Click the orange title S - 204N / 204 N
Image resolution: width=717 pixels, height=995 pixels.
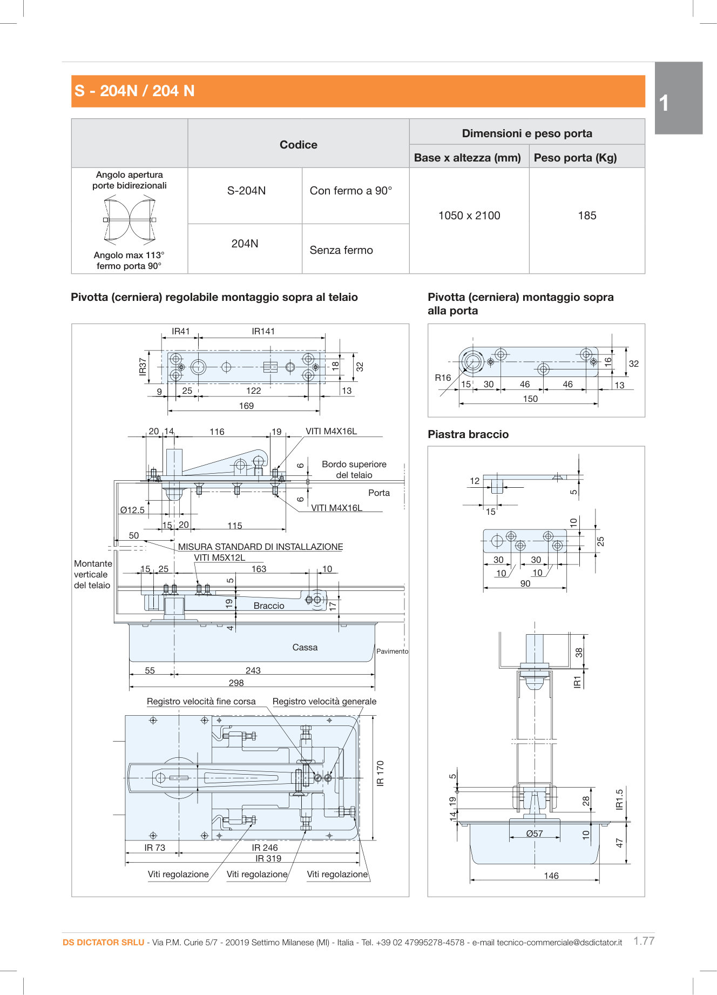pos(134,91)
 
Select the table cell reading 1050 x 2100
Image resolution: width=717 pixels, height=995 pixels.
pos(469,216)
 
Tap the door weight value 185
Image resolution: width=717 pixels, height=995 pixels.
pos(587,216)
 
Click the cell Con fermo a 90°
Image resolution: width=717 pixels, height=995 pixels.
pos(351,191)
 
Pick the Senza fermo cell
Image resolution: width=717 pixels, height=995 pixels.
pos(341,250)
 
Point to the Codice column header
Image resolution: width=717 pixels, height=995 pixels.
pos(298,145)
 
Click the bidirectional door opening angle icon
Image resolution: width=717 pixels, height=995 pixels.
pos(130,219)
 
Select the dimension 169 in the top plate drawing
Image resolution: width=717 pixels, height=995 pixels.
pos(246,406)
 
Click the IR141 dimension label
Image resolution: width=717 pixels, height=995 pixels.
pos(263,331)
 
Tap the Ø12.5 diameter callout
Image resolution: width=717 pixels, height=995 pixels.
pos(132,510)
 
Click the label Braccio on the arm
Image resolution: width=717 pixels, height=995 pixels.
pos(269,606)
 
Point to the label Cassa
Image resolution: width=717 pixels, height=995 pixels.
pos(305,647)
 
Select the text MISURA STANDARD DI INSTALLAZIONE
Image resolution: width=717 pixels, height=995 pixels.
pos(260,547)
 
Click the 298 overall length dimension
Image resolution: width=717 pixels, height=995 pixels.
pos(236,683)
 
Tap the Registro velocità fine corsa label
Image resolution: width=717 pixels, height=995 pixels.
pos(201,701)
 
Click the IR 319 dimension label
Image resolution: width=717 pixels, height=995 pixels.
pos(268,858)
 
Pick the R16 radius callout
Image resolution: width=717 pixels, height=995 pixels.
pos(443,378)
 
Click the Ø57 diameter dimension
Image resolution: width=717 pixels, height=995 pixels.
pos(535,833)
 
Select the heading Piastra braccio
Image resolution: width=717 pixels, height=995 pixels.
pos(468,434)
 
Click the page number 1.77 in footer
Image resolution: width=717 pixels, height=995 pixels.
pos(644,940)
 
